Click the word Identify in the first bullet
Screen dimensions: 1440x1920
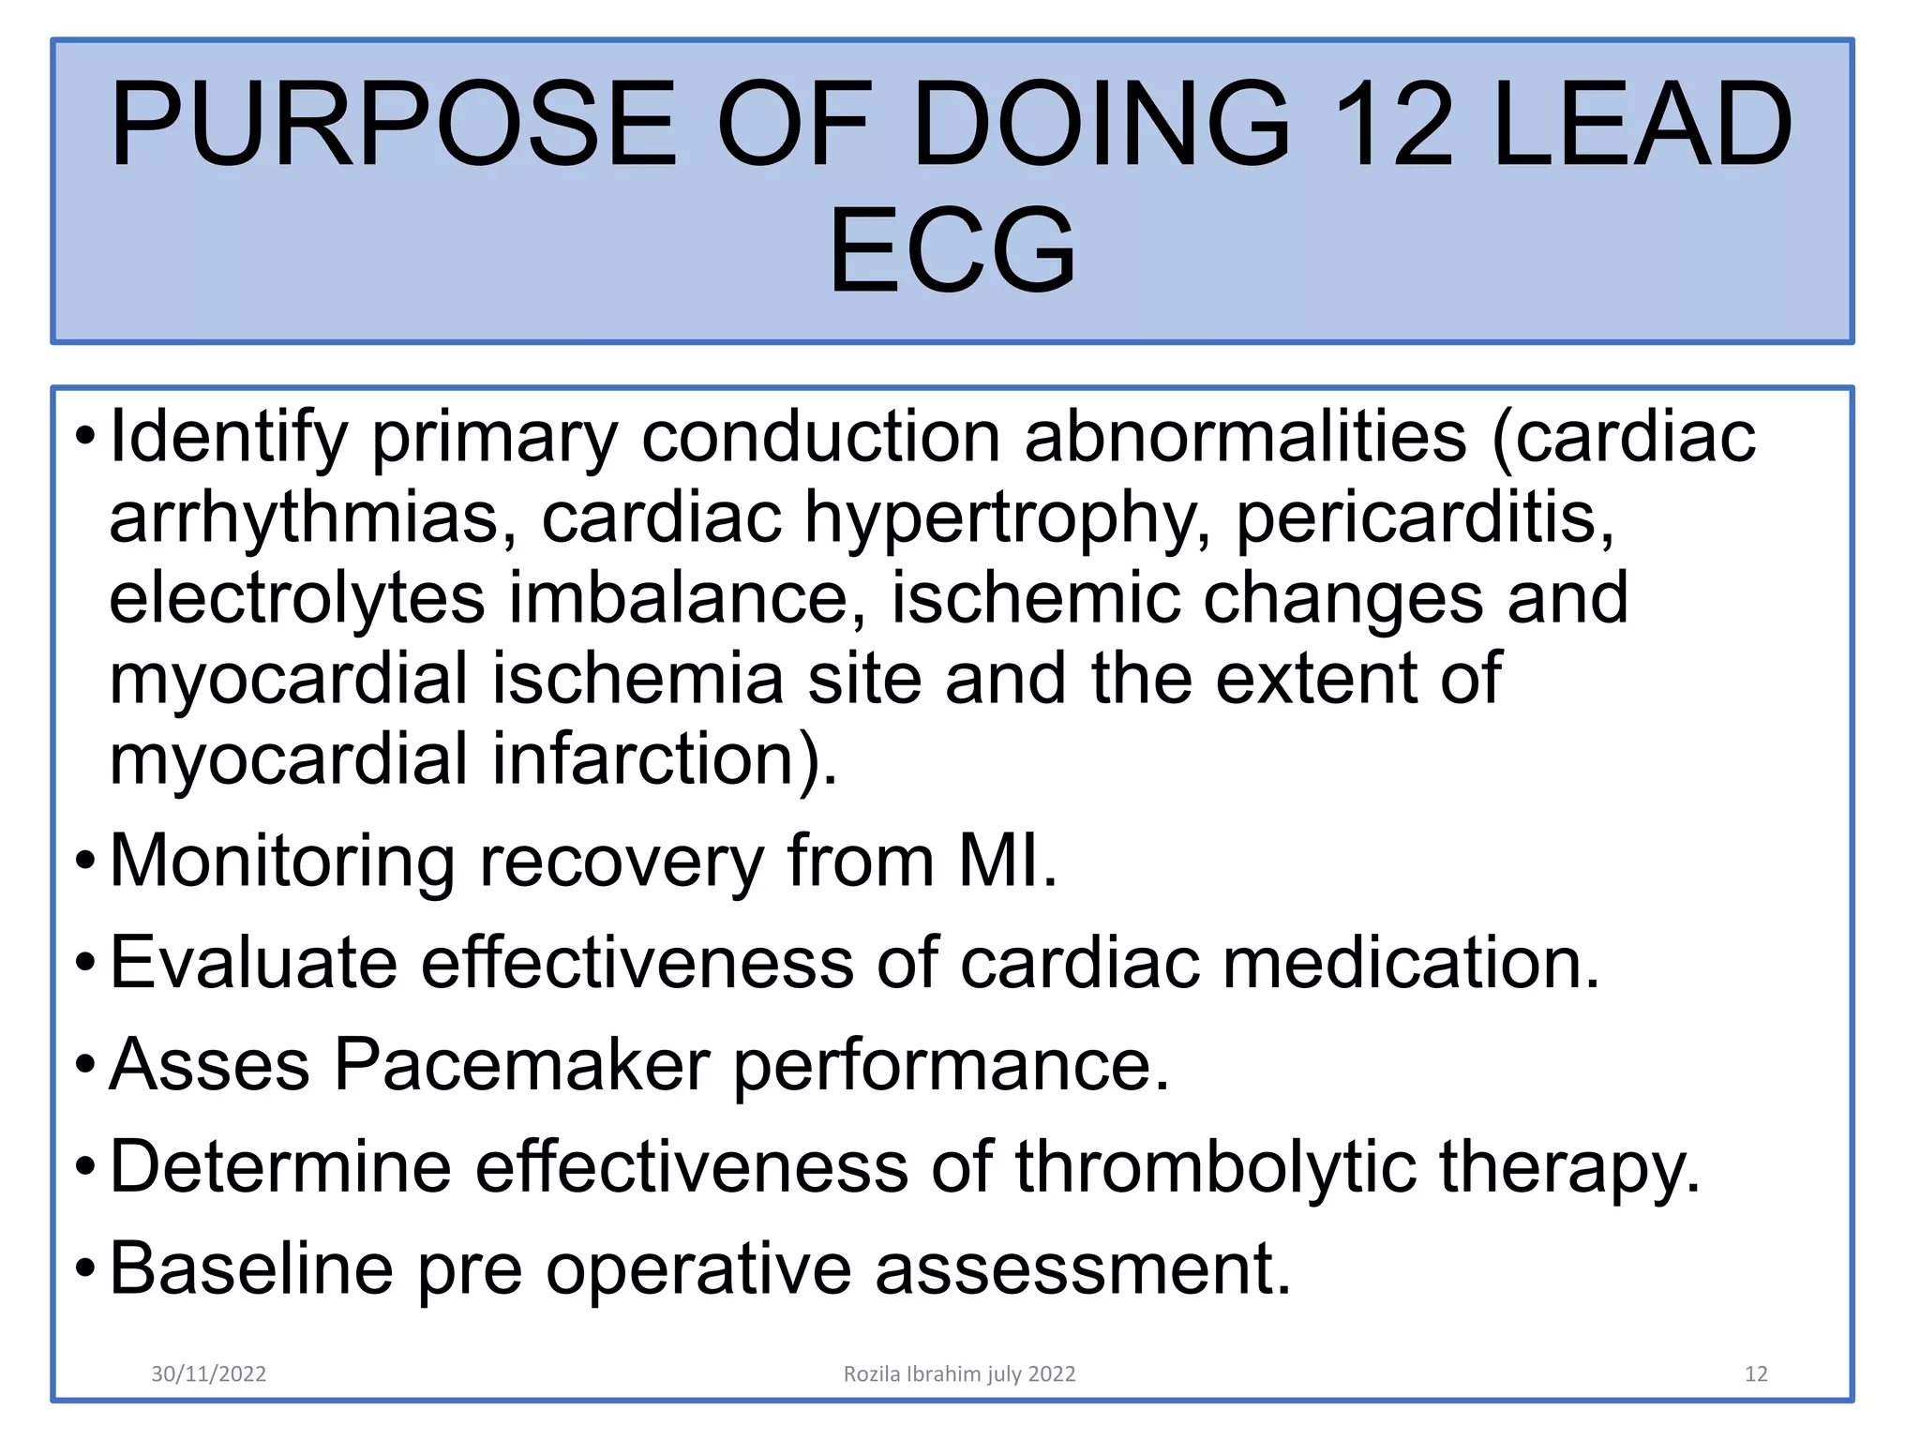[229, 438]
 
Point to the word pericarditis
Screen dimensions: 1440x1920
[1425, 518]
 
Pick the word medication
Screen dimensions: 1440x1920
[1402, 963]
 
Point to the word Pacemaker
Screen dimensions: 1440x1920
[521, 1065]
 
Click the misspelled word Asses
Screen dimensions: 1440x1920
[209, 1065]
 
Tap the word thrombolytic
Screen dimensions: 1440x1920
[1216, 1168]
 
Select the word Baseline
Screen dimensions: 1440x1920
[251, 1269]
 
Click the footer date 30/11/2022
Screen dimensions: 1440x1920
[209, 1374]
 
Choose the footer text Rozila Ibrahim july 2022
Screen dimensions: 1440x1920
[959, 1374]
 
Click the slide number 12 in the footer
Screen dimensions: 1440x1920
[1756, 1374]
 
